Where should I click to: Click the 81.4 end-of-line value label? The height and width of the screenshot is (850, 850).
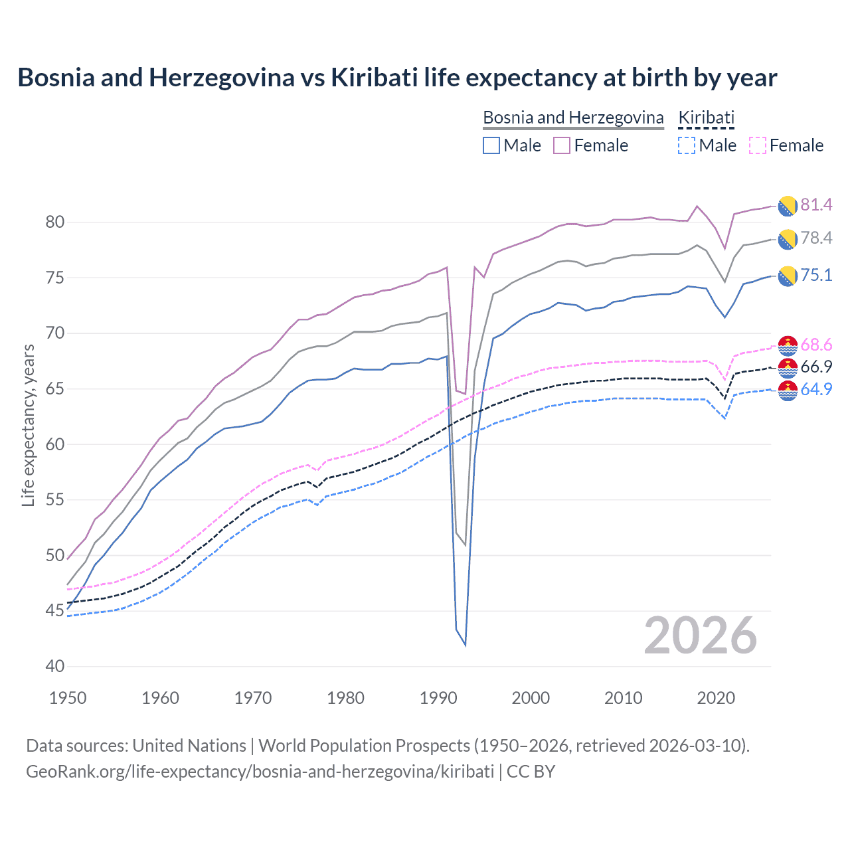pos(816,205)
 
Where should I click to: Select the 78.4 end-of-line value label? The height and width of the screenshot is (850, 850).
pos(816,238)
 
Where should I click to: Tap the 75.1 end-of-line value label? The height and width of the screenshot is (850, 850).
pos(816,275)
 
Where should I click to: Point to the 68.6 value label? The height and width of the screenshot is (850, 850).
pos(816,345)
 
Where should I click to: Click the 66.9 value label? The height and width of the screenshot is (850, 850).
pos(816,367)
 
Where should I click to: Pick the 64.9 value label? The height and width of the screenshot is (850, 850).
pos(816,389)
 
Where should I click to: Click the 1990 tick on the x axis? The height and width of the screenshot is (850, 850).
pos(438,698)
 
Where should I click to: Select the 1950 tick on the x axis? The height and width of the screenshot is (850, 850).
pos(68,698)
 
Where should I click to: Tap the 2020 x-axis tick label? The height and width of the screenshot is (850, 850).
pos(716,698)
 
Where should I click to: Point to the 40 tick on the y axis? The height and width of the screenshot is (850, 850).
pos(55,666)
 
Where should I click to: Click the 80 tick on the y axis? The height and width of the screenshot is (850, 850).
pos(55,222)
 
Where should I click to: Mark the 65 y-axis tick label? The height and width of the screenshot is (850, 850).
pos(55,388)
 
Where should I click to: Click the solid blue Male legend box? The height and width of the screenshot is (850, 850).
pos(491,145)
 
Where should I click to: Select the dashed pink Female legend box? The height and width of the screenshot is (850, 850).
pos(757,145)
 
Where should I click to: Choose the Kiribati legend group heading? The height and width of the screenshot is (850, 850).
pos(706,118)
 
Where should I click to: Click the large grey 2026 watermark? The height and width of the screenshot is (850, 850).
pos(701,636)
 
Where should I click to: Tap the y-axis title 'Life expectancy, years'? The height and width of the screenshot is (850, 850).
pos(28,425)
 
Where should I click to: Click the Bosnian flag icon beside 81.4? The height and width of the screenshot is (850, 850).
pos(788,206)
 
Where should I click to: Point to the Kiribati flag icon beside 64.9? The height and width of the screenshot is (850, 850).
pos(788,390)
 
